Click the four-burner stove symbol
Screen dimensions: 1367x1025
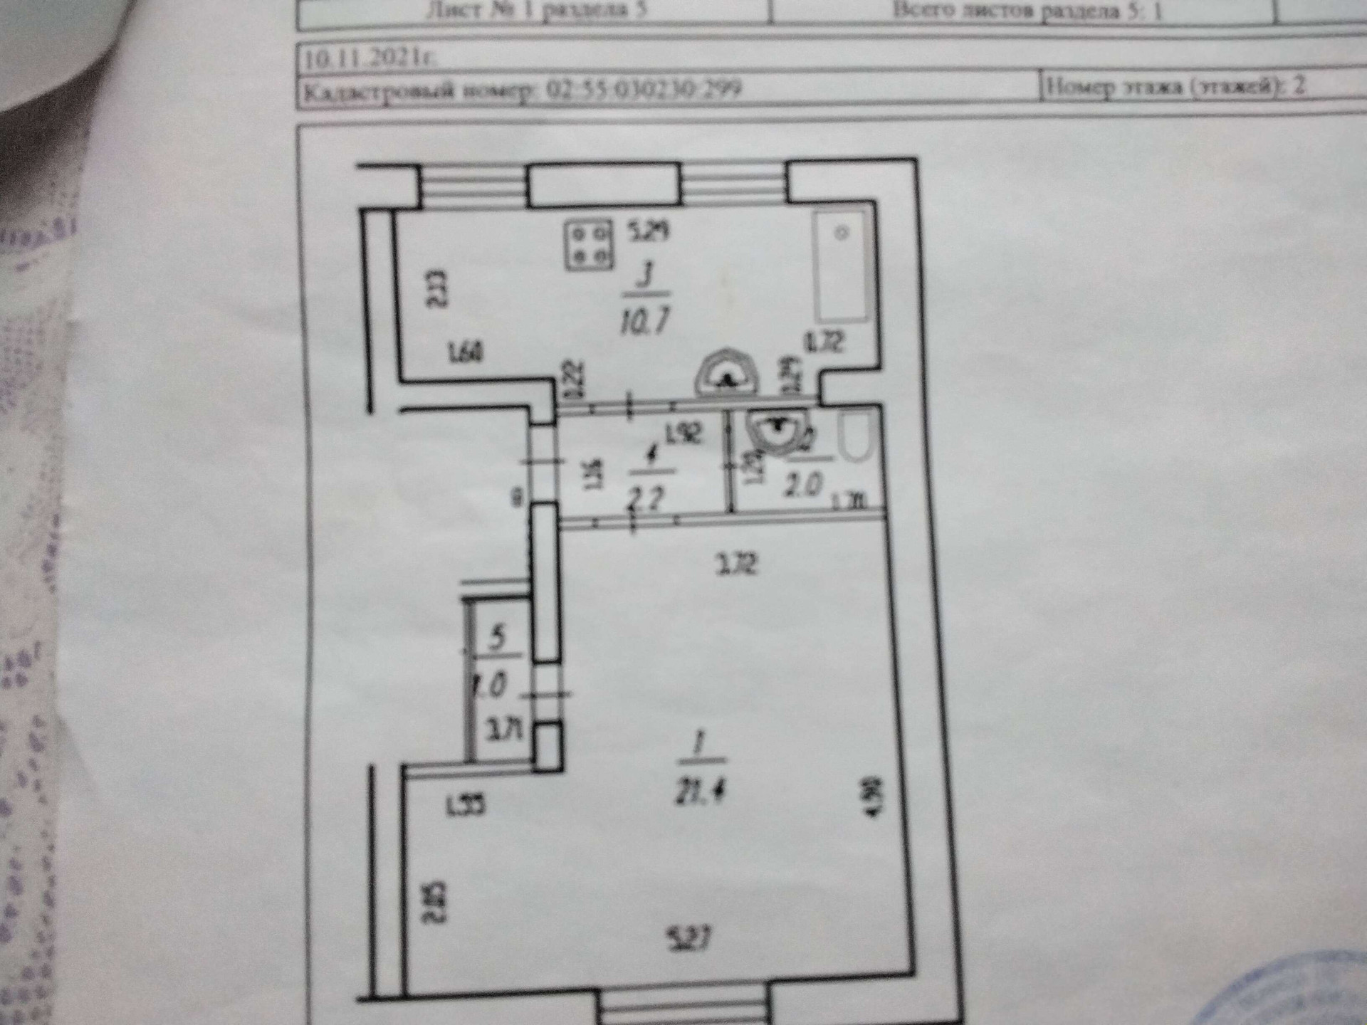589,246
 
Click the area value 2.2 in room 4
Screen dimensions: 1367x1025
646,497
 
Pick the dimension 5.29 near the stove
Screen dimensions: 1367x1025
649,231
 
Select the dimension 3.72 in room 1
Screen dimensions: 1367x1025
736,564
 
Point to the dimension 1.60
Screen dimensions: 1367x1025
466,352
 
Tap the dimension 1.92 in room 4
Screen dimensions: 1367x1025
683,432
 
